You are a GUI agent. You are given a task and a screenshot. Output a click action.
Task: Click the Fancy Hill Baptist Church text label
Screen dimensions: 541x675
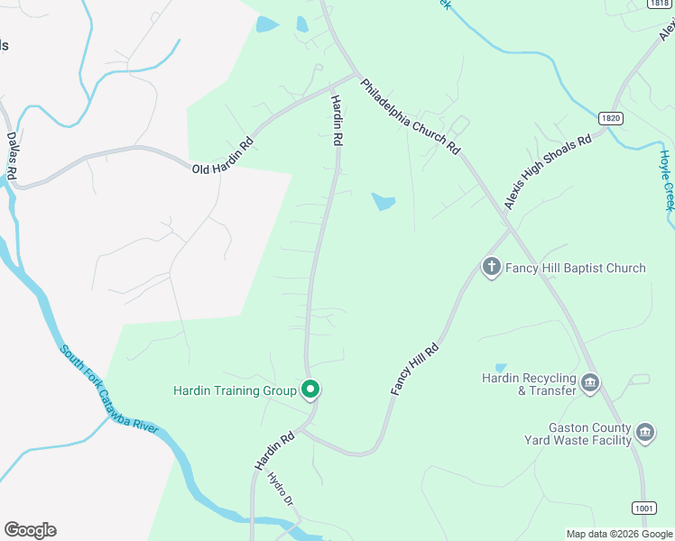click(575, 268)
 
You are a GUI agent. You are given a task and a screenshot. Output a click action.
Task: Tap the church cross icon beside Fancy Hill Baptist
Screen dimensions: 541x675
click(491, 266)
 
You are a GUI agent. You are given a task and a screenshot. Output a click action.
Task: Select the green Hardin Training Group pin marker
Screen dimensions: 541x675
click(310, 390)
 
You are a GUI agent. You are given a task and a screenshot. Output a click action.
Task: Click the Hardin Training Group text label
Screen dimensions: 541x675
click(235, 390)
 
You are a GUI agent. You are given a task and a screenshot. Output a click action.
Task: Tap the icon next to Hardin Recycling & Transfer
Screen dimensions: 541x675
click(590, 383)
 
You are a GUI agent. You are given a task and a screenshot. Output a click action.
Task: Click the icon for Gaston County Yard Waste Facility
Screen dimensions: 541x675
click(645, 434)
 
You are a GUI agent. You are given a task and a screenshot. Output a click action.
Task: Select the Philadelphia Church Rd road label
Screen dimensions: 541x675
click(411, 116)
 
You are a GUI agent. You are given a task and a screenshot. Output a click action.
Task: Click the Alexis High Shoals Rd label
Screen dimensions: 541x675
click(547, 173)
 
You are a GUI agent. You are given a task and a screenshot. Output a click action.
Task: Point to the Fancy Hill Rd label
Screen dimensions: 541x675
click(414, 368)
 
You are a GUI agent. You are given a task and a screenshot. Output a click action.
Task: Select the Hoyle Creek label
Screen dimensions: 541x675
click(666, 179)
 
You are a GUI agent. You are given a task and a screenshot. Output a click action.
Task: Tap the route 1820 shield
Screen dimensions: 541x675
click(609, 118)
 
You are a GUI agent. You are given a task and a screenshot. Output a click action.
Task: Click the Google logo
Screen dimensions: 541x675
click(30, 530)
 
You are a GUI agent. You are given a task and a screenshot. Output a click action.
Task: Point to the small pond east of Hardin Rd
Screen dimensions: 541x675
click(384, 201)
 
